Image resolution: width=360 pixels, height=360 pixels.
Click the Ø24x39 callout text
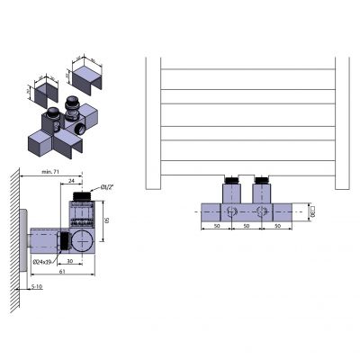point(47,262)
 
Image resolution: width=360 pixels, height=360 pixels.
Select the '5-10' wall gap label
point(37,287)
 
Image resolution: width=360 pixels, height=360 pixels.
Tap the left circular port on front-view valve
point(232,213)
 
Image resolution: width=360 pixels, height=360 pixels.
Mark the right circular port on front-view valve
point(262,213)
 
